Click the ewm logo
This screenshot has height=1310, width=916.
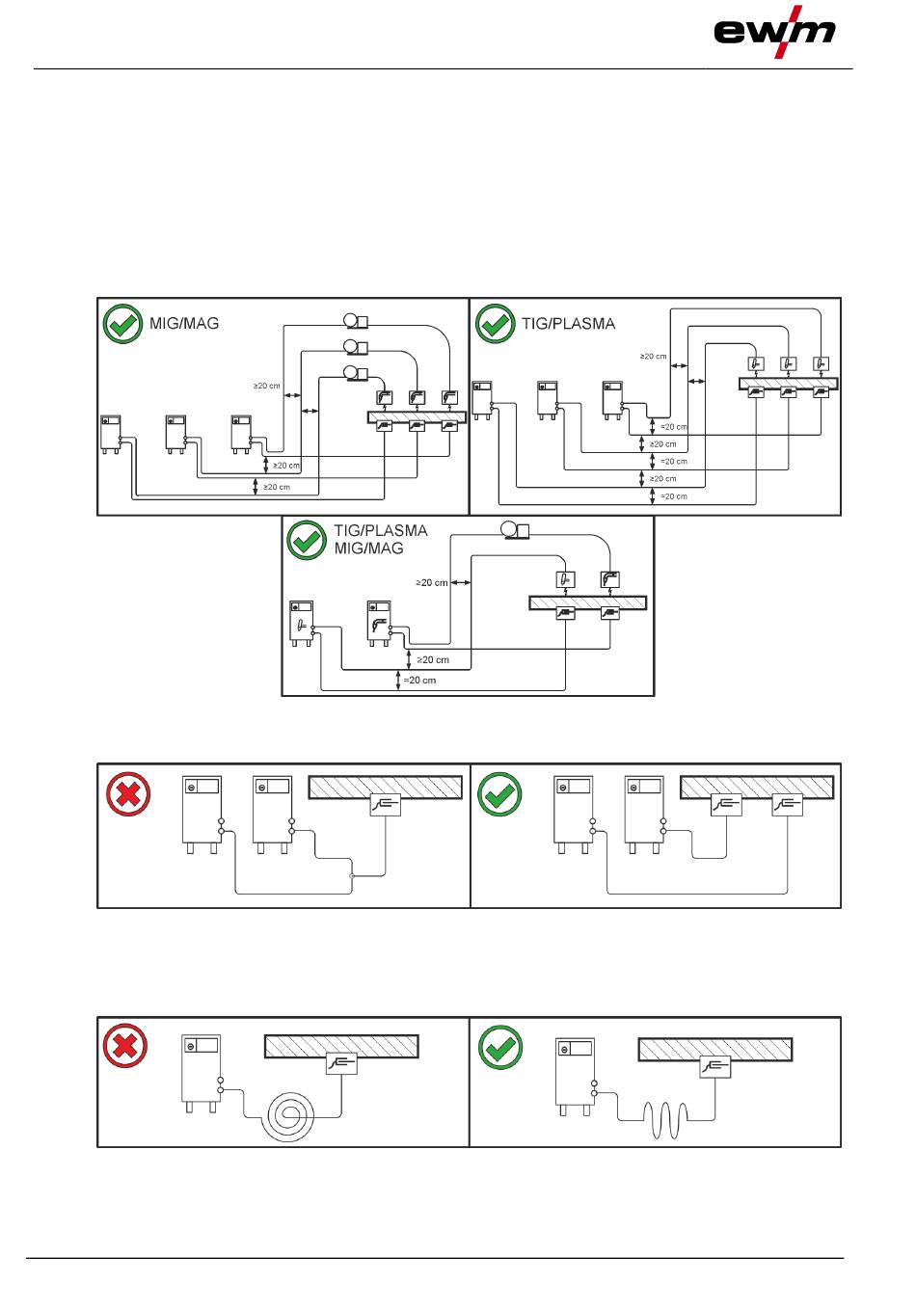click(x=774, y=32)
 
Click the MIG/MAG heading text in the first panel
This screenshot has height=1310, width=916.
click(x=184, y=323)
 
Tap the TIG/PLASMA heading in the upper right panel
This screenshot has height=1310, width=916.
click(x=568, y=323)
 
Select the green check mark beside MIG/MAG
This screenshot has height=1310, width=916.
click(x=122, y=324)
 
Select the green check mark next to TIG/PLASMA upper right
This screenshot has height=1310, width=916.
click(x=496, y=324)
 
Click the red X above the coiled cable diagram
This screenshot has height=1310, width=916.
click(x=125, y=1046)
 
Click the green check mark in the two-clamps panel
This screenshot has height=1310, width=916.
click(x=500, y=794)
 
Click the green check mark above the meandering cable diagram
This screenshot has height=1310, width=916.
click(x=500, y=1047)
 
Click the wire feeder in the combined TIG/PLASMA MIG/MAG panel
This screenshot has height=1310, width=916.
click(x=515, y=529)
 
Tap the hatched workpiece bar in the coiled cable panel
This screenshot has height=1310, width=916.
click(x=341, y=1046)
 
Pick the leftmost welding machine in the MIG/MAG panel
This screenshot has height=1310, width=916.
click(x=111, y=435)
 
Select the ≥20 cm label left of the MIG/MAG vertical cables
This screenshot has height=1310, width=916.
click(x=266, y=386)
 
